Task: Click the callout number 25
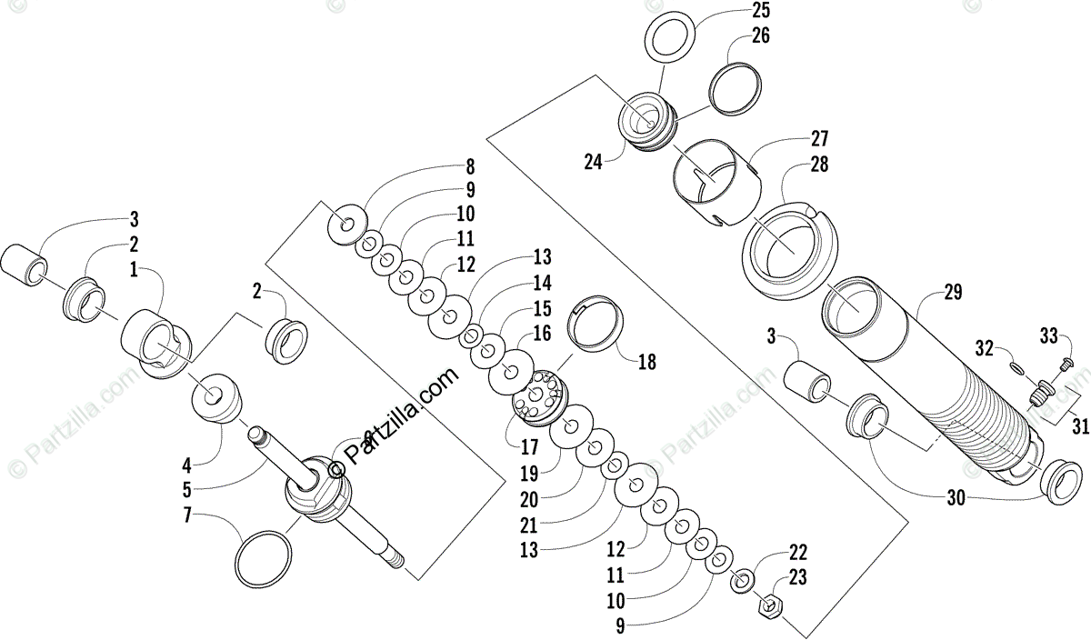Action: click(x=760, y=12)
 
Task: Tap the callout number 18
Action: click(x=646, y=362)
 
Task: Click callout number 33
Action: click(x=1048, y=336)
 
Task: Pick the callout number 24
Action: click(x=594, y=163)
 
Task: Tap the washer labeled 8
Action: click(x=346, y=222)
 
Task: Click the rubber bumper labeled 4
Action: click(x=216, y=396)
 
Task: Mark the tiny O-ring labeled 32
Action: click(x=1016, y=367)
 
